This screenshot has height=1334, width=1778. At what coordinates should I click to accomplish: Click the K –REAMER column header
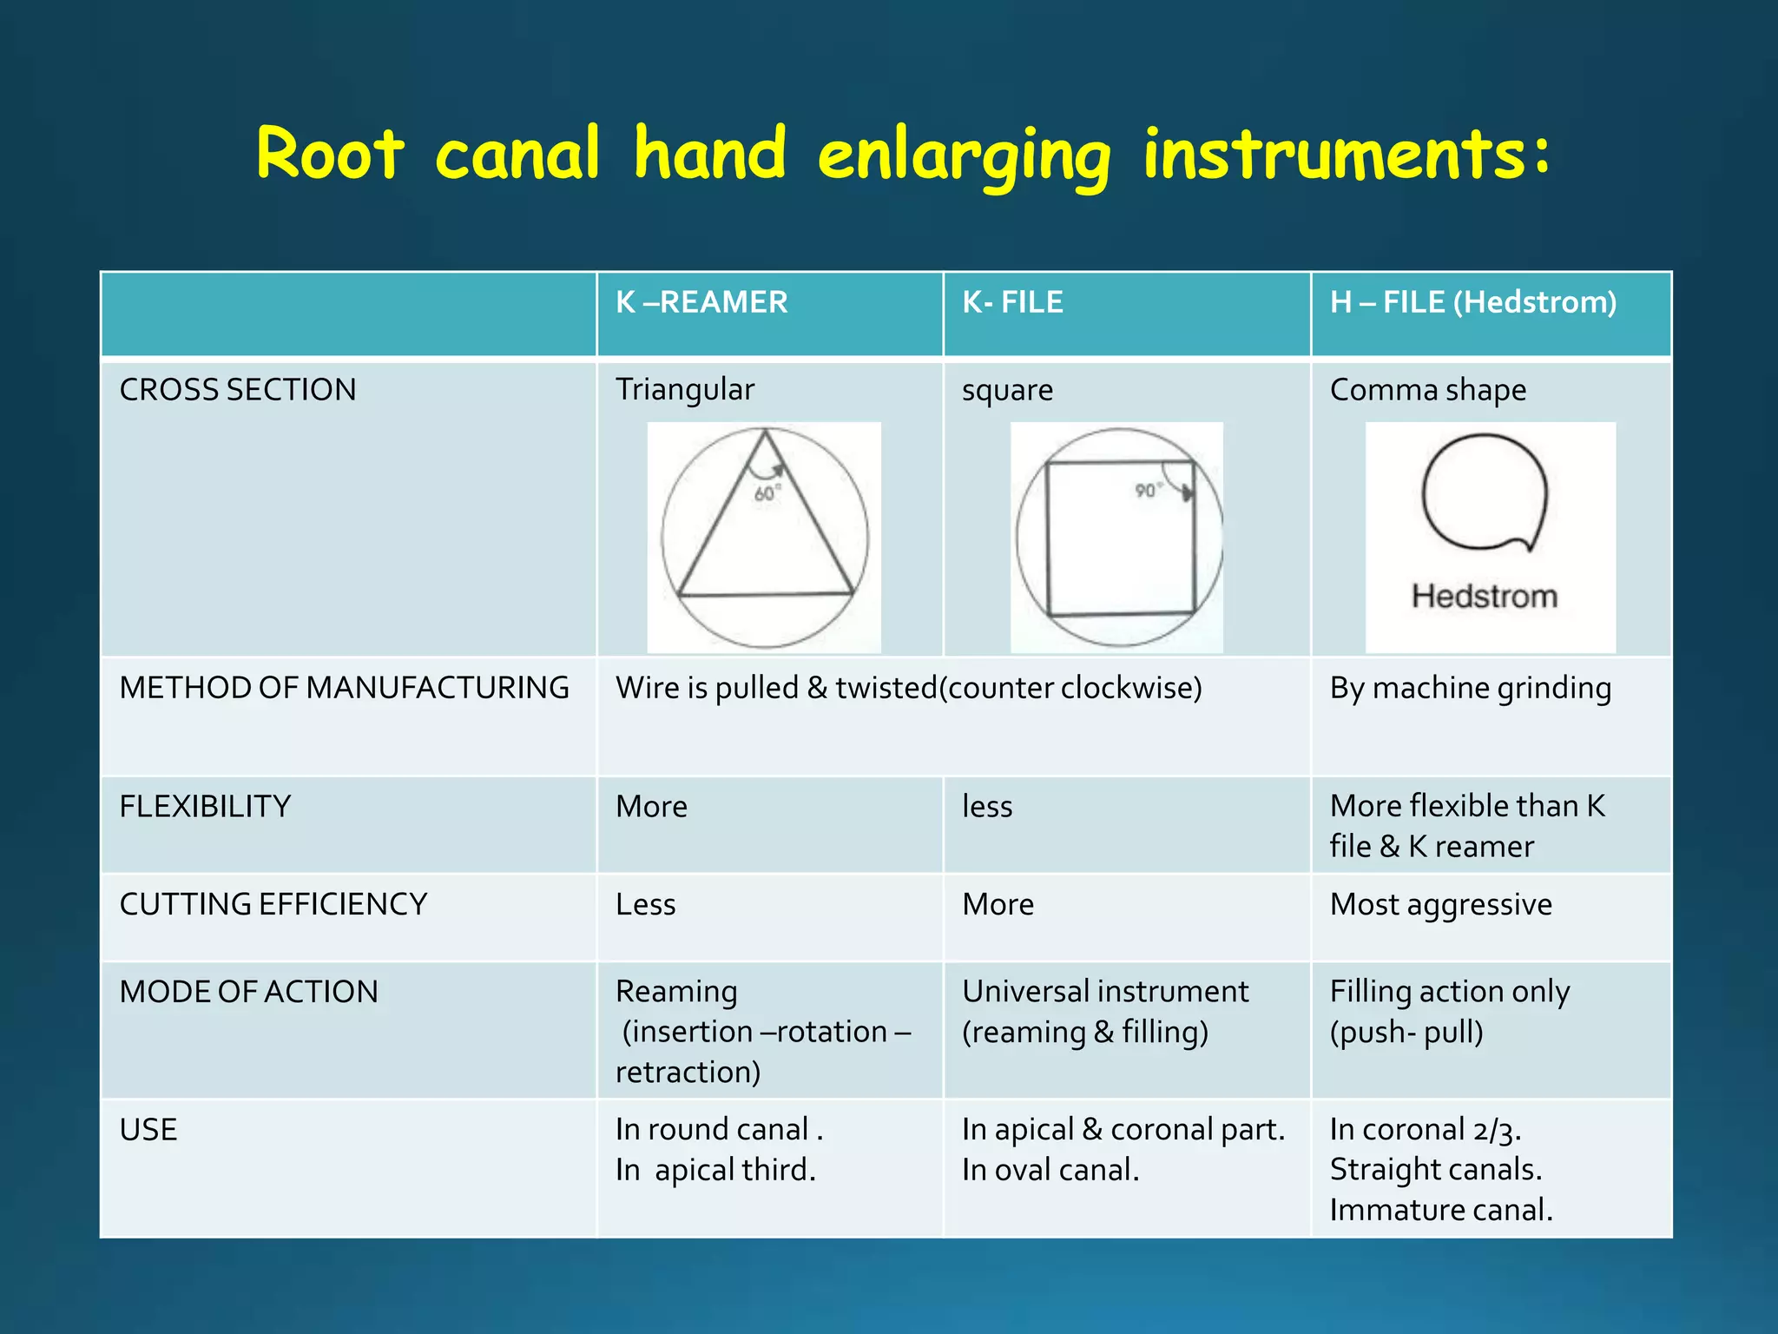point(701,302)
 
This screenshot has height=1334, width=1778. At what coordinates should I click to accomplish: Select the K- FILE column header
point(1012,302)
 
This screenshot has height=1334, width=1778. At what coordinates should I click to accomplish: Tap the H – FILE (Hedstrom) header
point(1472,302)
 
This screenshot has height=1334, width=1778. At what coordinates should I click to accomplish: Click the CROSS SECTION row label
point(238,390)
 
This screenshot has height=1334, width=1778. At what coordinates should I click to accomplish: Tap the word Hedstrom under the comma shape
point(1484,597)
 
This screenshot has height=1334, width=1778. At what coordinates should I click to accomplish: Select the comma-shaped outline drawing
point(1485,492)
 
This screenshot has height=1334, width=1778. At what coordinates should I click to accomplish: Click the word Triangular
point(685,390)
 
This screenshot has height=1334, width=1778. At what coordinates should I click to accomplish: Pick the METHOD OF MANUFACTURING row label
point(344,688)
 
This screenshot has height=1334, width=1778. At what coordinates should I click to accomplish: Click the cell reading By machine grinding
point(1470,688)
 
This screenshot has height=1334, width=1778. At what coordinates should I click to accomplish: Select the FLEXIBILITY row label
point(205,807)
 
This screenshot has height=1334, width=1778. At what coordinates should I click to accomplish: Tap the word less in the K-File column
point(987,807)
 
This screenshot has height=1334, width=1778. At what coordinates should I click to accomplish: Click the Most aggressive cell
point(1440,905)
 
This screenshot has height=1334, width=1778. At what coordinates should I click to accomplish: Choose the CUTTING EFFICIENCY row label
point(273,905)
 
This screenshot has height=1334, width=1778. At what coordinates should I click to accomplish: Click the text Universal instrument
point(1105,992)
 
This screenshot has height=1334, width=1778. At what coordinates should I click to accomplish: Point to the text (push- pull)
point(1406,1033)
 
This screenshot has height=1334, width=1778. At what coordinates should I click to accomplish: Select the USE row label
point(148,1130)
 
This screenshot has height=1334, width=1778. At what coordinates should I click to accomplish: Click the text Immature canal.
point(1441,1210)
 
